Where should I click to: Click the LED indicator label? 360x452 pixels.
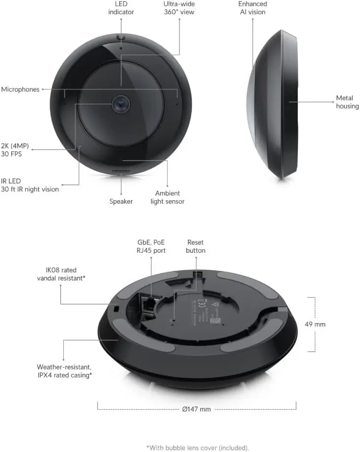point(121,8)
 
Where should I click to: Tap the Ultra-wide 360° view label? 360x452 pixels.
point(179,8)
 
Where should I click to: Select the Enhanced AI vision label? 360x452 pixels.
point(253,8)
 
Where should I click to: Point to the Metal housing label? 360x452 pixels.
point(347,102)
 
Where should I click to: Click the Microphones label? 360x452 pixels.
point(20,89)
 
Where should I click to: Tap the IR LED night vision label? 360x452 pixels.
point(30,185)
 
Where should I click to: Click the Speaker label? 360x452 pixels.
point(121,201)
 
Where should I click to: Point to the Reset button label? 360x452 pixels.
point(196,246)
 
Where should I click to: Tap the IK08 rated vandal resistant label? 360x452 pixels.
point(61,274)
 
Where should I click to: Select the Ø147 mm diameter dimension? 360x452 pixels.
point(196,409)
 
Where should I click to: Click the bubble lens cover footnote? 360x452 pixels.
point(198,448)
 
